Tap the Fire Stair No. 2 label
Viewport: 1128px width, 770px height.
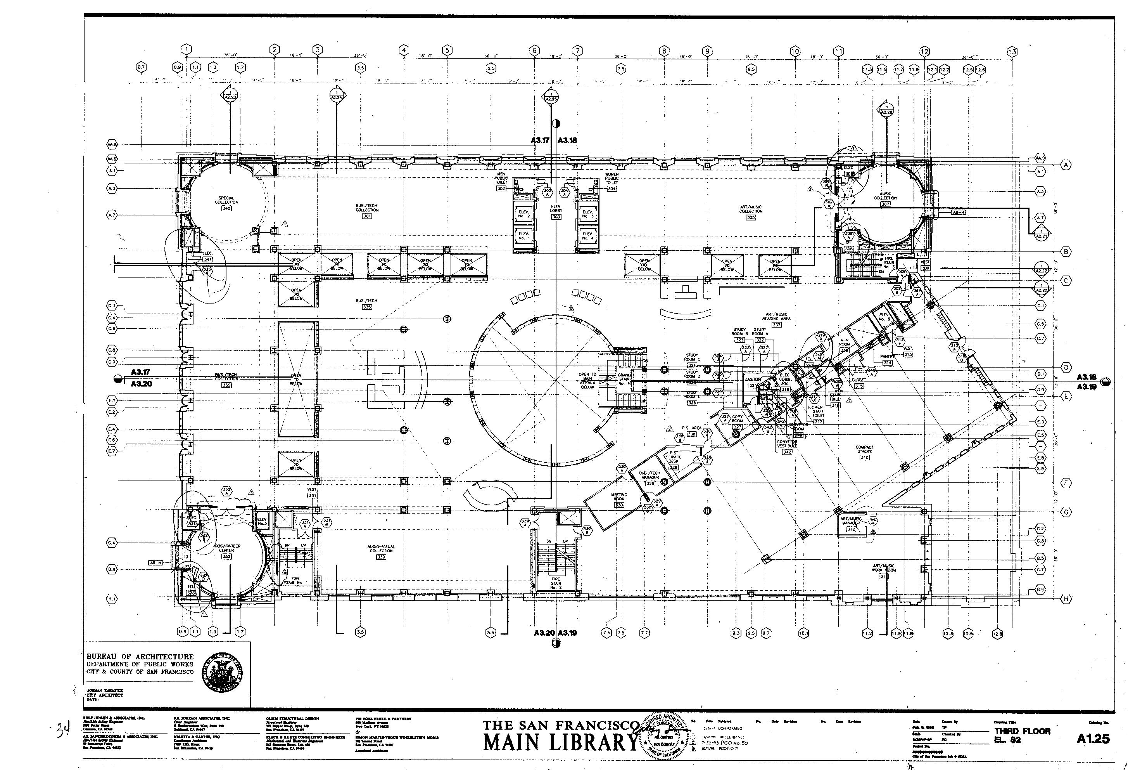pos(556,583)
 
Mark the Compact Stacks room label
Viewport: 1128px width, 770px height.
pos(864,449)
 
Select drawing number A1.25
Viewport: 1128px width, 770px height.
pos(1093,739)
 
